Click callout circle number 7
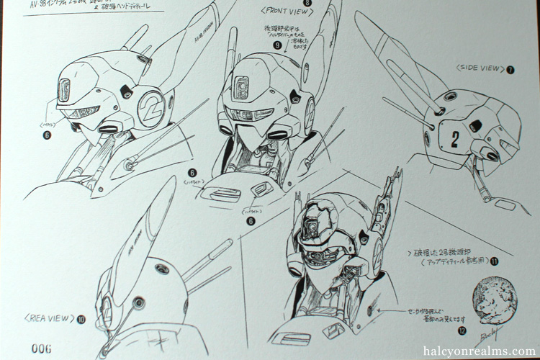510,70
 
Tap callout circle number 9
257,45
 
